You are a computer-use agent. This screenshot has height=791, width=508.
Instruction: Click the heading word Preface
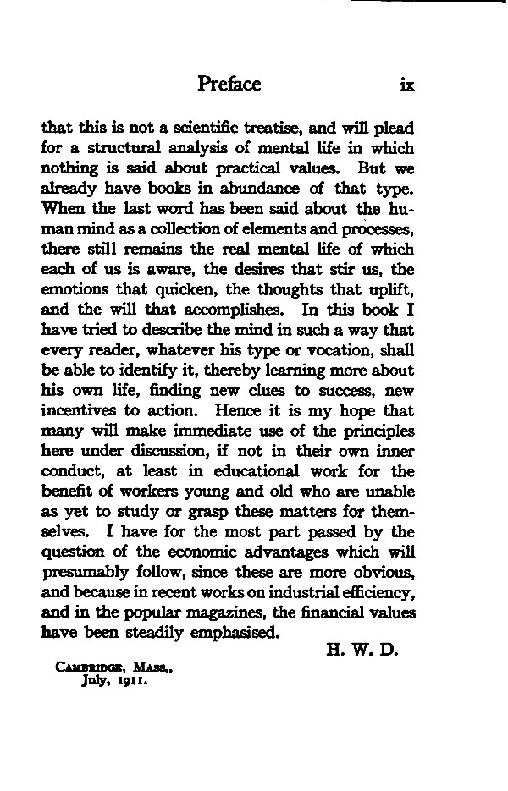pos(229,84)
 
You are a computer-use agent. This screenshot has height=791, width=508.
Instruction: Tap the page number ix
pos(404,85)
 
